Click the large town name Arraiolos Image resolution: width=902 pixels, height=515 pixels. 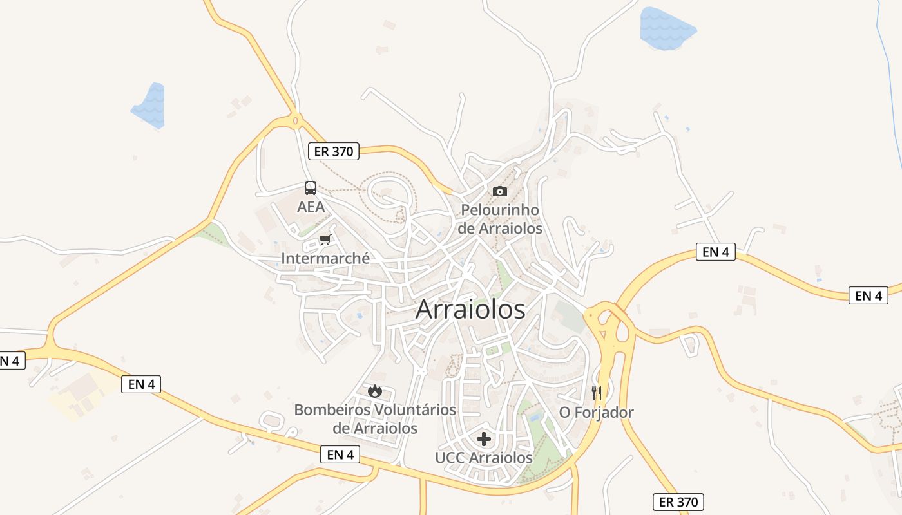point(470,310)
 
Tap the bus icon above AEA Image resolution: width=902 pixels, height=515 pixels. point(311,188)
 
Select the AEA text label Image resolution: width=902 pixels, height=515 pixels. point(311,207)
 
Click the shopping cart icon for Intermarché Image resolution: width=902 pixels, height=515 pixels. point(325,240)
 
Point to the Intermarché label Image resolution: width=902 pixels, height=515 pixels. point(325,258)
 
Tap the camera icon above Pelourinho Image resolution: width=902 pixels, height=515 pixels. point(499,191)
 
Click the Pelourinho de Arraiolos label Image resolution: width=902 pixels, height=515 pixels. point(500,219)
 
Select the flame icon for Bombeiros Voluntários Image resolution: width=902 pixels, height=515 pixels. point(375,391)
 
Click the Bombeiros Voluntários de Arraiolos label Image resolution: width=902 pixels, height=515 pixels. point(375,418)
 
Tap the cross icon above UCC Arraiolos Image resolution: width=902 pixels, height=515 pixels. point(484,440)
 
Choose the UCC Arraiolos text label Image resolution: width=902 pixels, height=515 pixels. point(484,458)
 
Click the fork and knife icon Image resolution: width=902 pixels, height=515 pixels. point(597,393)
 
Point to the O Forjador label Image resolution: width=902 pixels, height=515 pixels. point(597,412)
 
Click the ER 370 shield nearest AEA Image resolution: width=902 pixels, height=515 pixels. point(333,151)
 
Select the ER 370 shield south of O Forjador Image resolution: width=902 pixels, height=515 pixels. point(678,501)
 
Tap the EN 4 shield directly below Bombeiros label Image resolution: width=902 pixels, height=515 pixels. point(340,454)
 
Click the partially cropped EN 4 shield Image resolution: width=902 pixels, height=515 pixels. point(11,360)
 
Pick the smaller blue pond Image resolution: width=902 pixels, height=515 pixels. point(150,106)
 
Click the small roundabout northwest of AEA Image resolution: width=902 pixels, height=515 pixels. point(296,120)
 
